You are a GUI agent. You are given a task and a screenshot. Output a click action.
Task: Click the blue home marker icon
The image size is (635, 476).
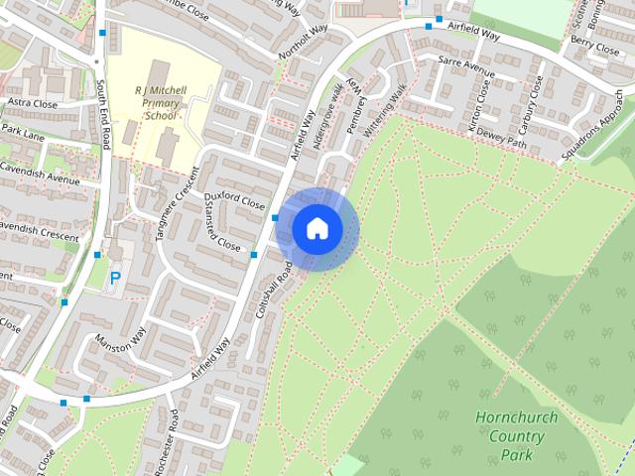(317, 228)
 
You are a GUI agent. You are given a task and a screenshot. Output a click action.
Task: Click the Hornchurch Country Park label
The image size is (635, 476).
(516, 435)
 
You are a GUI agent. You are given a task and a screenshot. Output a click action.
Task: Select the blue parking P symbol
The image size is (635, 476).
(114, 280)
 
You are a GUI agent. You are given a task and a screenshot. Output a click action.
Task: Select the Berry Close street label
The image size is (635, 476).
(595, 46)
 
